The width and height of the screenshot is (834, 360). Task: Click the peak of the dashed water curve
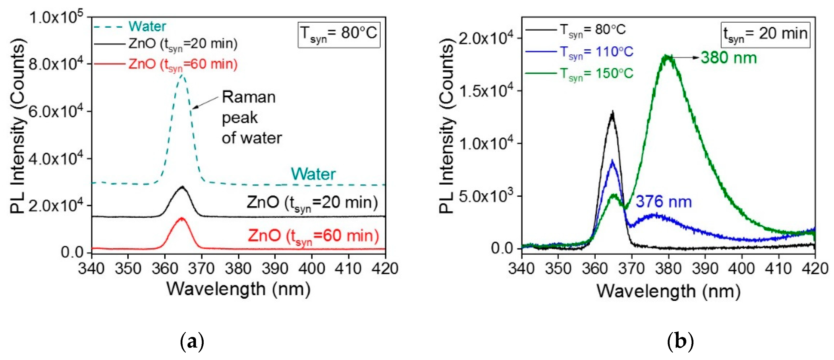coord(182,76)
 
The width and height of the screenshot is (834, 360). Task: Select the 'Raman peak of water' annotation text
coord(252,117)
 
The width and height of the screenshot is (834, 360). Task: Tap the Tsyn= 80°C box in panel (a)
coord(339,34)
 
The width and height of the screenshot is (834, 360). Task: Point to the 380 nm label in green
coord(728,58)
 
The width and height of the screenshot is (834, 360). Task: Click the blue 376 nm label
coord(663,202)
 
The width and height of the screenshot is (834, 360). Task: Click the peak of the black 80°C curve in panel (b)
coord(612,113)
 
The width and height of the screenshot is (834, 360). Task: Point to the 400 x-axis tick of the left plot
coord(311,269)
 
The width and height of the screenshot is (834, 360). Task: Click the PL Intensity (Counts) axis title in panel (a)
coord(18,126)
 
